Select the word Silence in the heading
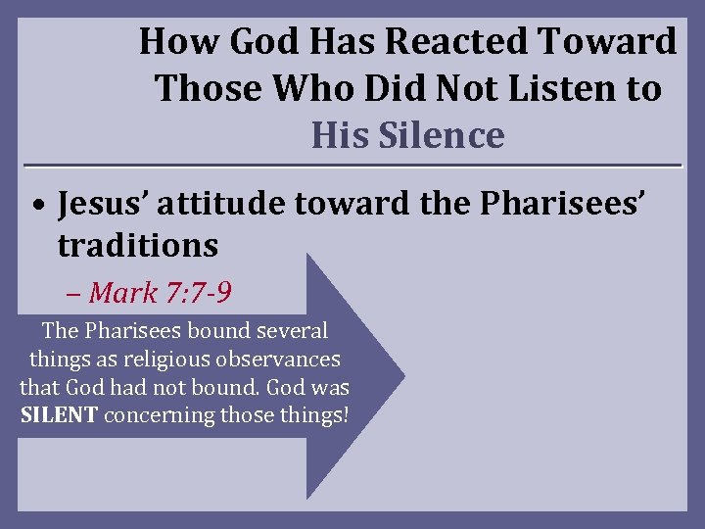(438, 135)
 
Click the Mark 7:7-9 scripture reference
(161, 292)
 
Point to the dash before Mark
(76, 293)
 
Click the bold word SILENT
(59, 414)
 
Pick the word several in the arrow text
(292, 331)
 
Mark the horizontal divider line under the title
(352, 164)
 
